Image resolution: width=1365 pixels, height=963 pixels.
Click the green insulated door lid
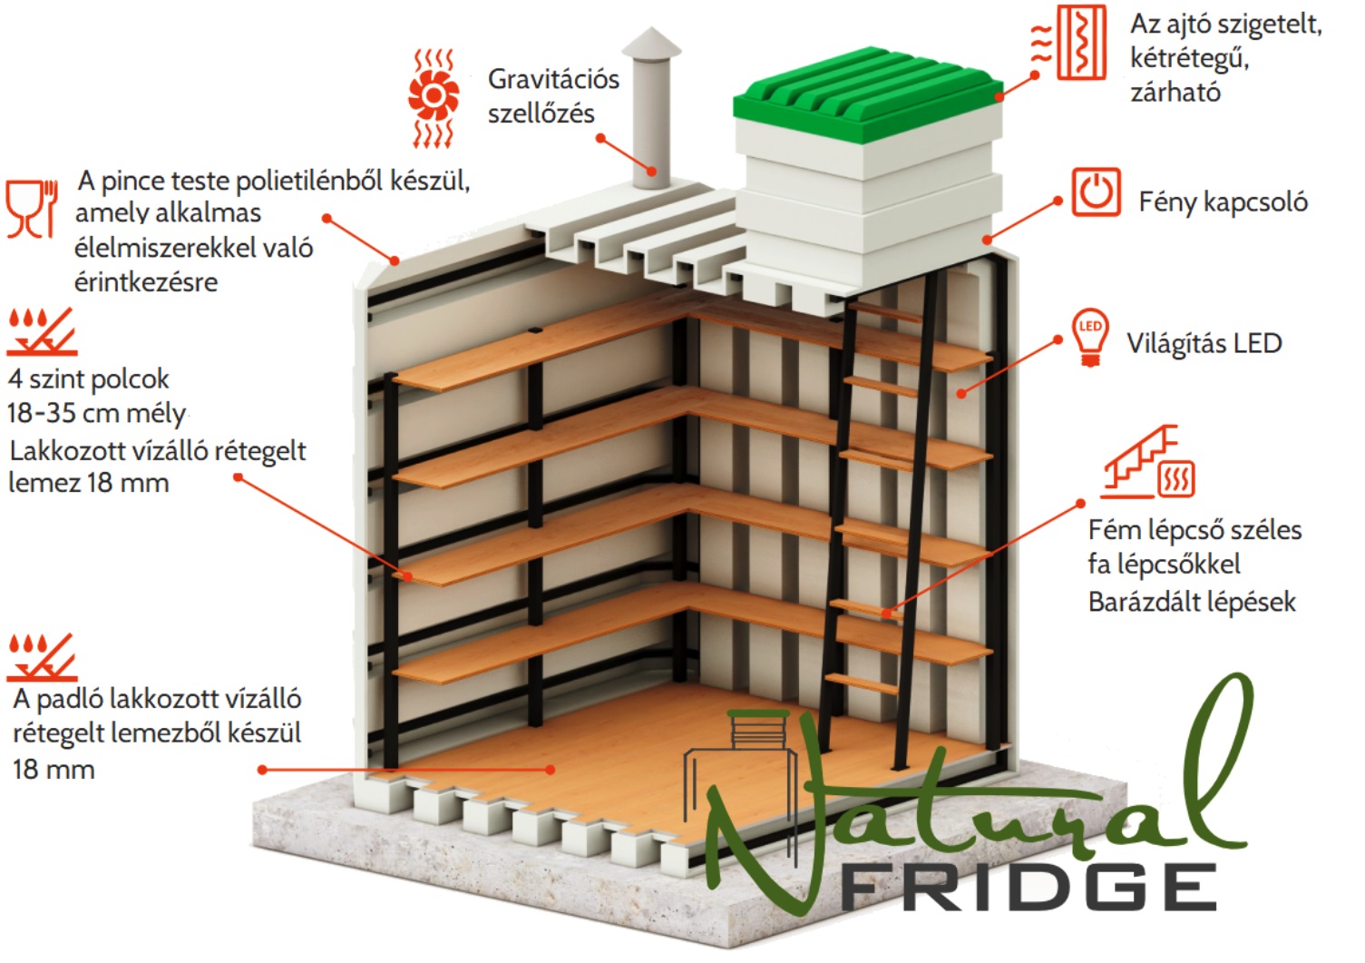click(x=868, y=93)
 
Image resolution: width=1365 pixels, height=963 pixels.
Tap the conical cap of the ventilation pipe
click(x=651, y=43)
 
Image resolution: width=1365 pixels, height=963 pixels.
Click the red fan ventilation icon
click(x=434, y=98)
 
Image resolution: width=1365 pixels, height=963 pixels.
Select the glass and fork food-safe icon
click(x=32, y=208)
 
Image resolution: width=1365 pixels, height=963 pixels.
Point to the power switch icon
click(x=1097, y=192)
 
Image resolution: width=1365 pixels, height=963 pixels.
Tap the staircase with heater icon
click(x=1148, y=462)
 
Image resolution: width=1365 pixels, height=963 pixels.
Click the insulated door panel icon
click(x=1069, y=43)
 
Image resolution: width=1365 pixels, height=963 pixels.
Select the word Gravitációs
click(x=553, y=80)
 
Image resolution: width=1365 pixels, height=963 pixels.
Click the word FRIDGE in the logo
click(x=1029, y=887)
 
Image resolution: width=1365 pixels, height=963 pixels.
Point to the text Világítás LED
click(x=1204, y=343)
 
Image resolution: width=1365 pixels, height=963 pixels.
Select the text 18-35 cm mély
click(x=96, y=413)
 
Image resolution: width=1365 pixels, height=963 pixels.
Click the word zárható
click(x=1175, y=92)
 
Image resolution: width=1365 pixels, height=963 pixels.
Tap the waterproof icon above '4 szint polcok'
click(x=42, y=331)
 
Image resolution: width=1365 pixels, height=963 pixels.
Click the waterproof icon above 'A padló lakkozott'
click(x=42, y=657)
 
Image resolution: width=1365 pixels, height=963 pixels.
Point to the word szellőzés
click(x=541, y=113)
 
